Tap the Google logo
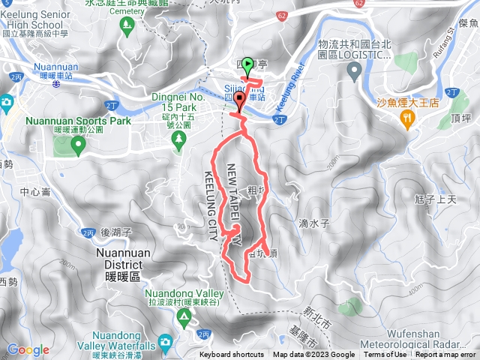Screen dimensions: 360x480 coord(28,349)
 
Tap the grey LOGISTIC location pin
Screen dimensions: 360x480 coord(355,70)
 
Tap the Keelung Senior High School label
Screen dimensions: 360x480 coord(35,22)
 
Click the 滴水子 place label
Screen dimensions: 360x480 coord(314,223)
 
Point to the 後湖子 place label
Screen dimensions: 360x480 coord(115,233)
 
